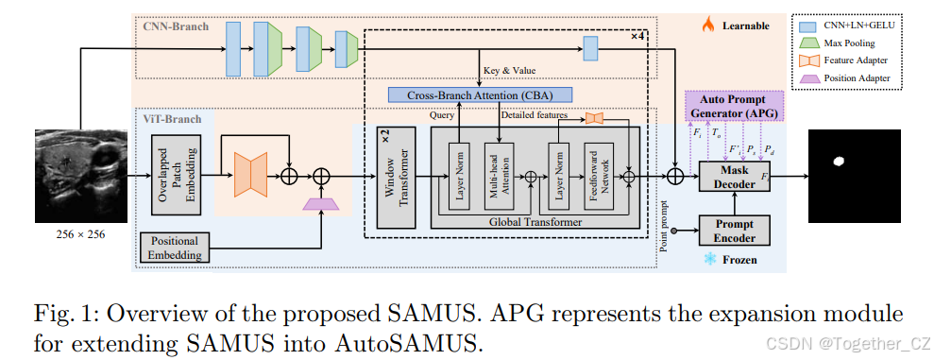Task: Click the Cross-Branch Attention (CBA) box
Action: (x=481, y=95)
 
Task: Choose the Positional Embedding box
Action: (x=175, y=245)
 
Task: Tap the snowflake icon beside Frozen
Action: (x=708, y=258)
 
